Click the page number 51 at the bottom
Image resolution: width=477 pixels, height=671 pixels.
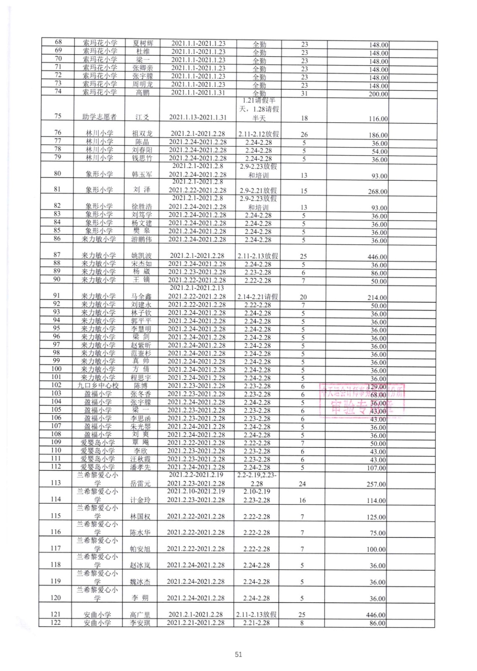pos(238,654)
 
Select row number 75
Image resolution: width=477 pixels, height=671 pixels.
pos(58,116)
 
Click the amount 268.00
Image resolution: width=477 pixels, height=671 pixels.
pos(378,192)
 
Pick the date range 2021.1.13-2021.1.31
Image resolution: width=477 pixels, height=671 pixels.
pos(198,118)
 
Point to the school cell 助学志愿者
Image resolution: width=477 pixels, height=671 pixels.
pos(99,117)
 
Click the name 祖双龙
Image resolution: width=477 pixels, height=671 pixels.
pos(142,134)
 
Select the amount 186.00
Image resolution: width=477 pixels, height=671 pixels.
pos(378,135)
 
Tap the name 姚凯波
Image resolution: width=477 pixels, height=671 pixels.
pos(142,255)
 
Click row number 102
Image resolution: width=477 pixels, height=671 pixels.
pos(56,385)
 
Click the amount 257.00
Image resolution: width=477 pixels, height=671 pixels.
pos(376,484)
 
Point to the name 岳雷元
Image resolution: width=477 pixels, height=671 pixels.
pos(141,484)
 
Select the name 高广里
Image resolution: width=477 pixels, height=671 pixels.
pos(140,614)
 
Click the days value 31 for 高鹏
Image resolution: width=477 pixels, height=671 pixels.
pos(304,94)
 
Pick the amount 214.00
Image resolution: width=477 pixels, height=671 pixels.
pos(377,298)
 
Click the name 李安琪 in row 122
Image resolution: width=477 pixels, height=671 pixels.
pos(140,623)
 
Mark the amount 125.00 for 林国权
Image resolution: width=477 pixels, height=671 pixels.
pos(376,517)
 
